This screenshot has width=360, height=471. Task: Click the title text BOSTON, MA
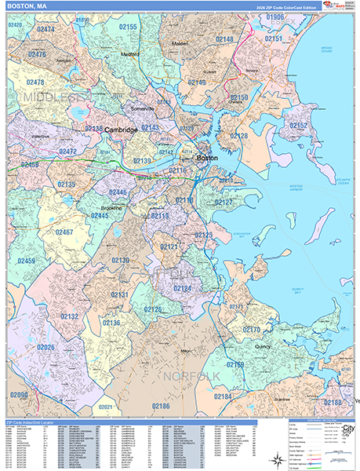pos(24,7)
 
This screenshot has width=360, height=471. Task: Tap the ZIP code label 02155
pos(127,27)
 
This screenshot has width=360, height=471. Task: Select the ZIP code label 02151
pos(274,38)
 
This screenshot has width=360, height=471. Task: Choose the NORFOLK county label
pos(185,377)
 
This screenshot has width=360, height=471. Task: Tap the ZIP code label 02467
pos(64,232)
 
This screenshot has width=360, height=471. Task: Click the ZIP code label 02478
pos(35,82)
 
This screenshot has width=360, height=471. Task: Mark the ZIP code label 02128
pos(238,136)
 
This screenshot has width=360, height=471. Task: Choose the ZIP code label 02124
pos(182,289)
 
